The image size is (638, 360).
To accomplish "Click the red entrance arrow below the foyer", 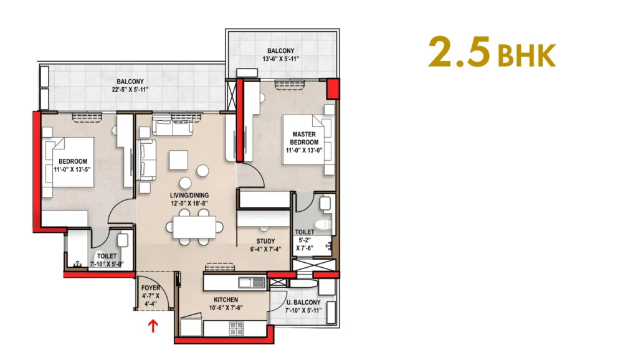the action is [x=153, y=325].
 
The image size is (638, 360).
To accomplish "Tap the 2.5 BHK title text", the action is [x=492, y=52].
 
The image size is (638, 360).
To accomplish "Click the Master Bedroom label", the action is [x=304, y=138].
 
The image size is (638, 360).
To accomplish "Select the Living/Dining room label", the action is [x=189, y=195].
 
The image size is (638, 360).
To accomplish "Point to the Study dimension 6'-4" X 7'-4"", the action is [x=265, y=249].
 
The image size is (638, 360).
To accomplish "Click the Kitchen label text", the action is [x=226, y=300].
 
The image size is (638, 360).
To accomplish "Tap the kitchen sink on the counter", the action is [x=252, y=282].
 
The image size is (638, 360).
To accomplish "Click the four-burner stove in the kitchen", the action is [x=236, y=329].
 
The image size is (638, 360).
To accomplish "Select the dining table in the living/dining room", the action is [x=194, y=227].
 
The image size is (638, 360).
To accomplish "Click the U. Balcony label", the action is [x=303, y=303].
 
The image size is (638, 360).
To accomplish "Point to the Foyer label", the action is [x=151, y=288].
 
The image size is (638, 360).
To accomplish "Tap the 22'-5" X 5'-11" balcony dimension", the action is [x=130, y=90].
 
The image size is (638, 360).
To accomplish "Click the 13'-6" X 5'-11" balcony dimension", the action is [x=281, y=59].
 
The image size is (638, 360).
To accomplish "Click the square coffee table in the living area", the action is [x=179, y=160].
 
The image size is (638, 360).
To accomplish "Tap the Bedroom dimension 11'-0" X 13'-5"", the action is [x=72, y=169].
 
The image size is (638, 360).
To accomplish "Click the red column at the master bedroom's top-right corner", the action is [x=333, y=88].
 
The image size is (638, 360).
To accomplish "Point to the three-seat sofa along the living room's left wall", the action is [x=147, y=160].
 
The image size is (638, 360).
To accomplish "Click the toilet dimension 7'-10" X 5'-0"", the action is [x=107, y=264].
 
